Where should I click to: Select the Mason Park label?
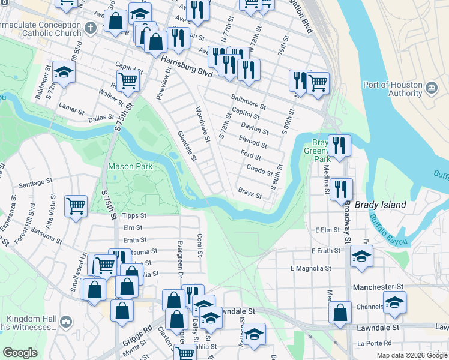(x=130, y=166)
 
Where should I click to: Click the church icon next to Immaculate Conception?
(x=91, y=28)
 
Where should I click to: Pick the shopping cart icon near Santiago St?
(x=76, y=206)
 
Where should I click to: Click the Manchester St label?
(x=378, y=288)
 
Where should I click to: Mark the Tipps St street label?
(x=134, y=215)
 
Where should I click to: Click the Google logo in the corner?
(x=20, y=353)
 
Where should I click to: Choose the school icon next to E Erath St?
(x=361, y=255)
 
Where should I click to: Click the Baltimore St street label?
(x=248, y=100)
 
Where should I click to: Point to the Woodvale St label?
(x=202, y=125)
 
